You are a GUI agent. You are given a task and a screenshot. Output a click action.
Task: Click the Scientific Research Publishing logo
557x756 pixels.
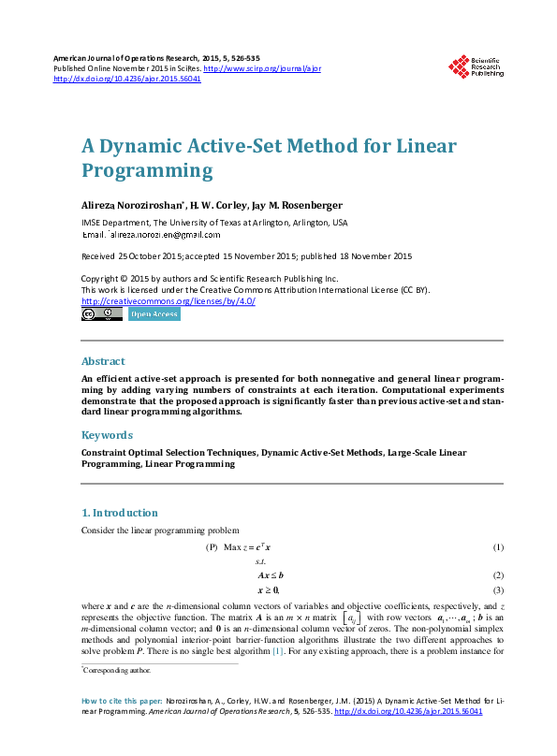pyautogui.click(x=476, y=66)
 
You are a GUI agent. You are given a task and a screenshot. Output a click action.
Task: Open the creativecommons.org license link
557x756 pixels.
pyautogui.click(x=169, y=301)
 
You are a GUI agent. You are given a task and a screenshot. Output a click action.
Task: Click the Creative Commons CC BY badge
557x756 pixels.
pyautogui.click(x=102, y=314)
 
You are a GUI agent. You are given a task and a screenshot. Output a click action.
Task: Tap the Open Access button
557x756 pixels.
pyautogui.click(x=154, y=314)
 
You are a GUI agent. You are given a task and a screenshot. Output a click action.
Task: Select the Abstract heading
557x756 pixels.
pyautogui.click(x=103, y=361)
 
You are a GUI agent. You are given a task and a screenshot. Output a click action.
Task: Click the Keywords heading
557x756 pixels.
pyautogui.click(x=107, y=435)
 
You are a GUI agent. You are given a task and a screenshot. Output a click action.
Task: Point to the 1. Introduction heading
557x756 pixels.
pyautogui.click(x=119, y=513)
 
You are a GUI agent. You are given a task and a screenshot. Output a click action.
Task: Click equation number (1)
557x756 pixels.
pyautogui.click(x=498, y=546)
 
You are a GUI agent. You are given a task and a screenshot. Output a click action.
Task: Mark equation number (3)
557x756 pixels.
pyautogui.click(x=498, y=590)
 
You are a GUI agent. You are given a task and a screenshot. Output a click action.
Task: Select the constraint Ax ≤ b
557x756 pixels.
pyautogui.click(x=271, y=575)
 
